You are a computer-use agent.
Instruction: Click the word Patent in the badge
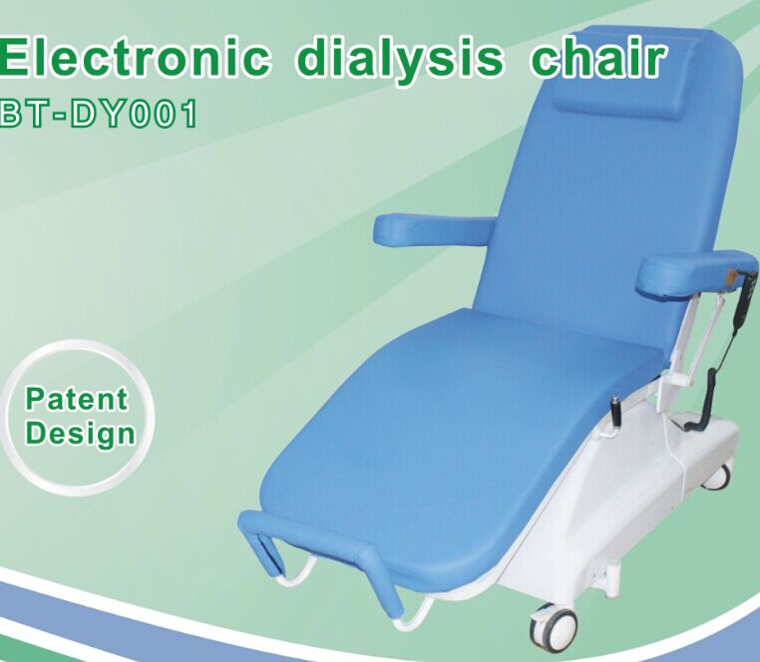[78, 400]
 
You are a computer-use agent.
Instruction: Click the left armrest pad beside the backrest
[433, 230]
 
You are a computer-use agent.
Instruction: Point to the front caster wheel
[555, 626]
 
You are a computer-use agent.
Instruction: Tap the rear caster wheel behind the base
[716, 476]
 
